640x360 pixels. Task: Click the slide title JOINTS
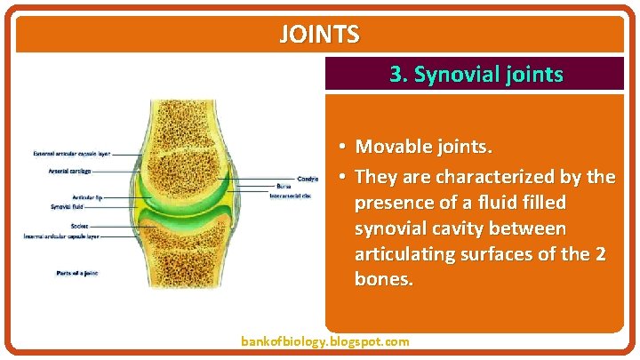(x=319, y=35)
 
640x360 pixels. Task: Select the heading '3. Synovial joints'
(x=476, y=75)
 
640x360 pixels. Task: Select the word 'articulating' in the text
(x=404, y=255)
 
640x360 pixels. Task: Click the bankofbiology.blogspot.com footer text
(x=325, y=341)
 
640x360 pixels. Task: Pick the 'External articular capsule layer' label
(x=72, y=154)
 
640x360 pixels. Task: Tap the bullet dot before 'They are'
(x=341, y=177)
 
